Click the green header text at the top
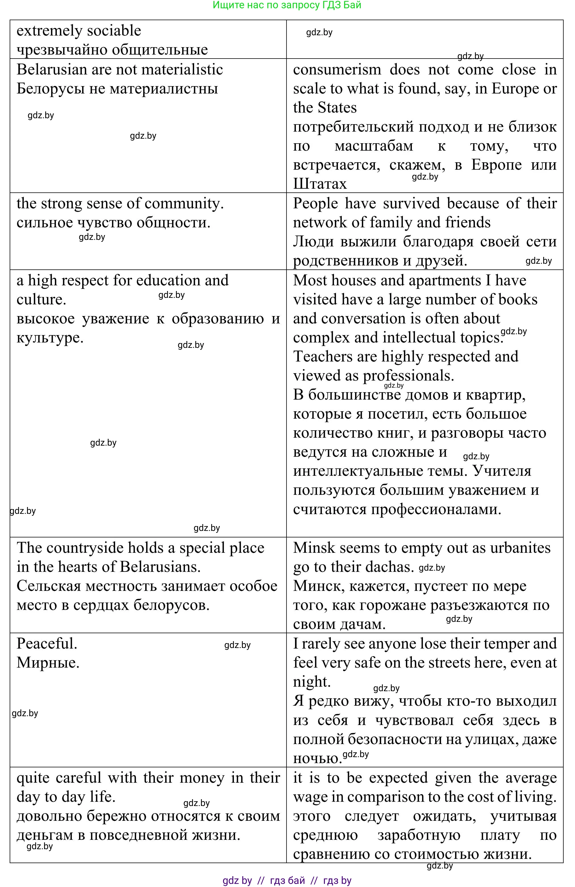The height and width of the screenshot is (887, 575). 287,5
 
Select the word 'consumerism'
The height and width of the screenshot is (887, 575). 337,69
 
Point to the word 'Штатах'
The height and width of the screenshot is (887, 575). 320,184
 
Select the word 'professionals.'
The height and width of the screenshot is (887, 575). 408,375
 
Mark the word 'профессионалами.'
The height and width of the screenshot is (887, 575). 436,509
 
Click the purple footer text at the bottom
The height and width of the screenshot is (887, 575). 287,880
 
